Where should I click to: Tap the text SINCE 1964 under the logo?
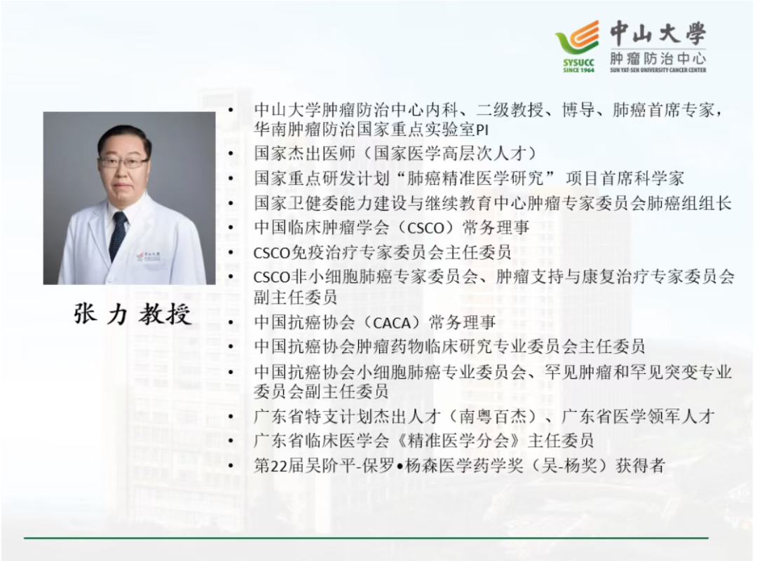coord(578,70)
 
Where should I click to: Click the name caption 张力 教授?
coord(132,314)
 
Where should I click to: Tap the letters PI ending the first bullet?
coord(482,130)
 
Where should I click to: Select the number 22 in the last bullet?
coord(280,466)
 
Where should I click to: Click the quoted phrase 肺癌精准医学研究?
coord(475,179)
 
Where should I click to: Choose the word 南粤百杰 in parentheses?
coord(491,416)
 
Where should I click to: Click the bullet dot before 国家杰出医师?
coord(231,154)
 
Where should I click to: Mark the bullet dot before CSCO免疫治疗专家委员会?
coord(231,252)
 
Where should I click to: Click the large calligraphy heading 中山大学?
coord(657,33)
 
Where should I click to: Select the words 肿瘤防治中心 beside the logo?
coord(657,58)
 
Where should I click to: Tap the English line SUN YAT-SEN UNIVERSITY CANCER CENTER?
coord(657,70)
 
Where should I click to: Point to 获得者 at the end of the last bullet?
coord(641,466)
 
